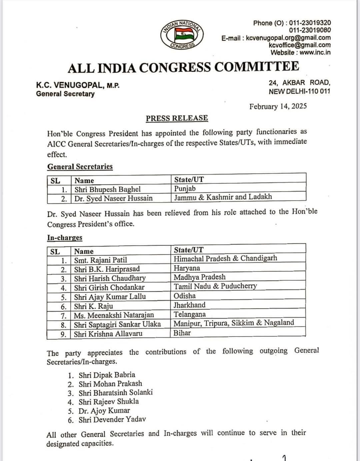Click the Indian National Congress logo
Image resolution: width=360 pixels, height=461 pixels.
click(x=182, y=35)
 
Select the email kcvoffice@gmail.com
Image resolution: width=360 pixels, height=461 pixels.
click(x=299, y=45)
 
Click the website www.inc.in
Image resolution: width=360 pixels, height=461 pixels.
click(x=315, y=52)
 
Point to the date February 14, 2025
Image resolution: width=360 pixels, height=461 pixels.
click(x=278, y=106)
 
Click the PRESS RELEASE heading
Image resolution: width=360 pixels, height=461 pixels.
click(x=177, y=118)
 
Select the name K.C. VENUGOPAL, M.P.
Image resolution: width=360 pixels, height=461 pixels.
click(x=78, y=85)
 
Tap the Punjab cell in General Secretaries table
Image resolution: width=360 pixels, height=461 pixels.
click(x=185, y=188)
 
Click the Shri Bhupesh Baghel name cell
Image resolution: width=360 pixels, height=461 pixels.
click(x=107, y=189)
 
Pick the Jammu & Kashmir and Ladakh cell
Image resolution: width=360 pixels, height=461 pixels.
click(x=223, y=197)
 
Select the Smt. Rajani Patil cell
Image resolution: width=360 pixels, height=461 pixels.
click(x=100, y=260)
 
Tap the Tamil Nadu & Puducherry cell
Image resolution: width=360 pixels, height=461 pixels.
click(x=215, y=286)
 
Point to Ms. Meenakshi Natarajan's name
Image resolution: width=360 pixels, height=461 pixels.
click(x=114, y=315)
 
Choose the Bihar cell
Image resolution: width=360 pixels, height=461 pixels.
click(x=182, y=333)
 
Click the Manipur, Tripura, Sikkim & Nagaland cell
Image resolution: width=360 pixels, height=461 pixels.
click(x=234, y=323)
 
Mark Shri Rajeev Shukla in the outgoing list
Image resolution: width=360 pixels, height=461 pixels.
click(x=109, y=402)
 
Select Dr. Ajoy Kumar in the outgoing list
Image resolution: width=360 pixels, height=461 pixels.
click(x=104, y=411)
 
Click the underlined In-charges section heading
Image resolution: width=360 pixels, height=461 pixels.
click(x=65, y=238)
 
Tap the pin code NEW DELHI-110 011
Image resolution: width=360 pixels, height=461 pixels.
click(x=299, y=91)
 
